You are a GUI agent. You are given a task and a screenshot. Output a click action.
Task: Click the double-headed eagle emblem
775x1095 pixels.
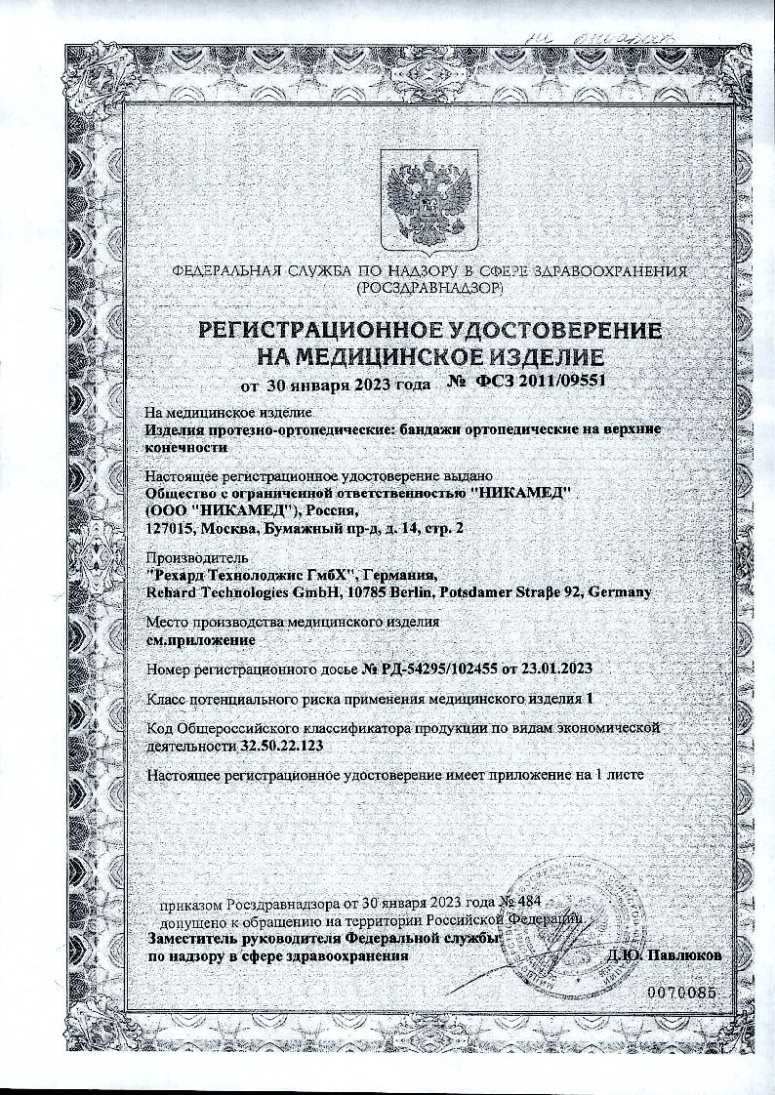tap(426, 198)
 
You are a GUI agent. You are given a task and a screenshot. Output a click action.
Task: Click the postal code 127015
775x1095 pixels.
tap(168, 528)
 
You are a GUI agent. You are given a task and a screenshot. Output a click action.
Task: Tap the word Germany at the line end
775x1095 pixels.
tap(620, 591)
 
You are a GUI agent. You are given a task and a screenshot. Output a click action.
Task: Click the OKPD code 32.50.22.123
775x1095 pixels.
tap(282, 745)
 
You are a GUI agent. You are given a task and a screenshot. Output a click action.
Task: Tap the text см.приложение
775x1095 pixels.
tap(200, 640)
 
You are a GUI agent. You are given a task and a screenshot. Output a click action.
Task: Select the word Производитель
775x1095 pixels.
tap(192, 556)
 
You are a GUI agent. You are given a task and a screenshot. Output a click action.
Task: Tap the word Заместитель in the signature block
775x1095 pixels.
tap(195, 938)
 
